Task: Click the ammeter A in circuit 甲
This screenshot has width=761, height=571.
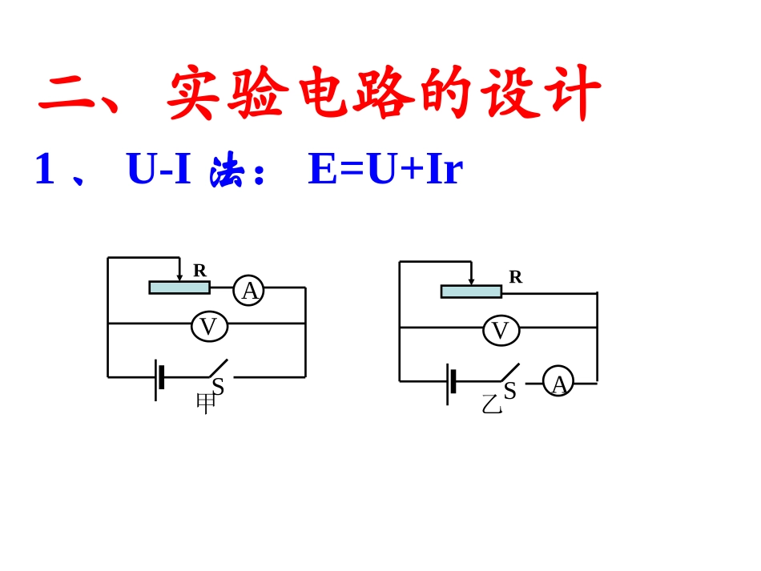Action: pos(249,291)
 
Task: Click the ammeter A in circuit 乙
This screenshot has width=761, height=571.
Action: pos(558,381)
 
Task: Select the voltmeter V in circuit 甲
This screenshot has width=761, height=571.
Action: pos(210,327)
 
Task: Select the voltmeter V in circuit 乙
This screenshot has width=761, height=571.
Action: pos(501,331)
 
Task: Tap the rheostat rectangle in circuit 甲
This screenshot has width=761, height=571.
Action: pos(179,288)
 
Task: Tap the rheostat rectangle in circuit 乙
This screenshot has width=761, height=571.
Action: pos(471,292)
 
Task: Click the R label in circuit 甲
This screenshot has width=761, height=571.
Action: pos(200,270)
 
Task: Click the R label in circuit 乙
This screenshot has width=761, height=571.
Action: pos(515,277)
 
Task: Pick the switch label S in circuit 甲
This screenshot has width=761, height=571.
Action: pos(218,387)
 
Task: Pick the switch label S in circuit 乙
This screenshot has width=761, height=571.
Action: pos(509,391)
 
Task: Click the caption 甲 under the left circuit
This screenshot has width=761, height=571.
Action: pos(206,403)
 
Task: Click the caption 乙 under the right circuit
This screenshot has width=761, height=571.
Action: pos(492,404)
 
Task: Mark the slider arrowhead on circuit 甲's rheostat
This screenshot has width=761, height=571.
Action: pos(179,278)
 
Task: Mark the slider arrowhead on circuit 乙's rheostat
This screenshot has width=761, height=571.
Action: pos(471,281)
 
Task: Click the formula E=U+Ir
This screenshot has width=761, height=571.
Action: pos(386,168)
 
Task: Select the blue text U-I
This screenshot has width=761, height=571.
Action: pos(159,168)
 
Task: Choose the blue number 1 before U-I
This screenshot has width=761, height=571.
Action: pos(45,168)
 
